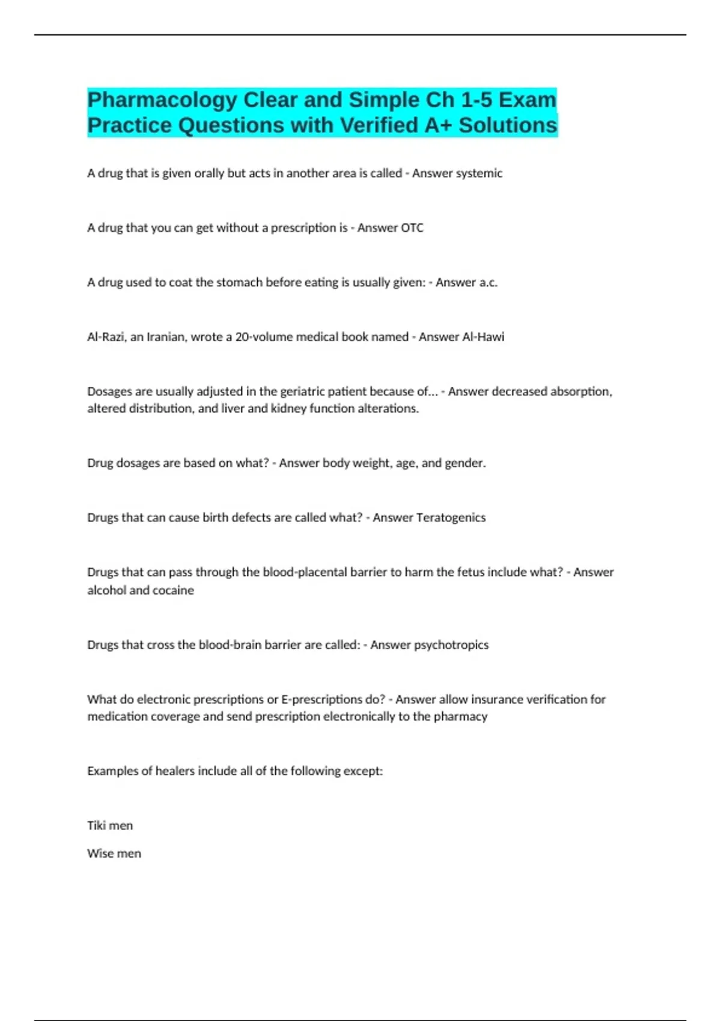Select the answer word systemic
point(479,174)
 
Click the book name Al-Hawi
point(482,337)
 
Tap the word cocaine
point(174,590)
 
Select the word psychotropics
point(451,645)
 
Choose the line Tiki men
point(110,826)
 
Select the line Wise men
point(114,853)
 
